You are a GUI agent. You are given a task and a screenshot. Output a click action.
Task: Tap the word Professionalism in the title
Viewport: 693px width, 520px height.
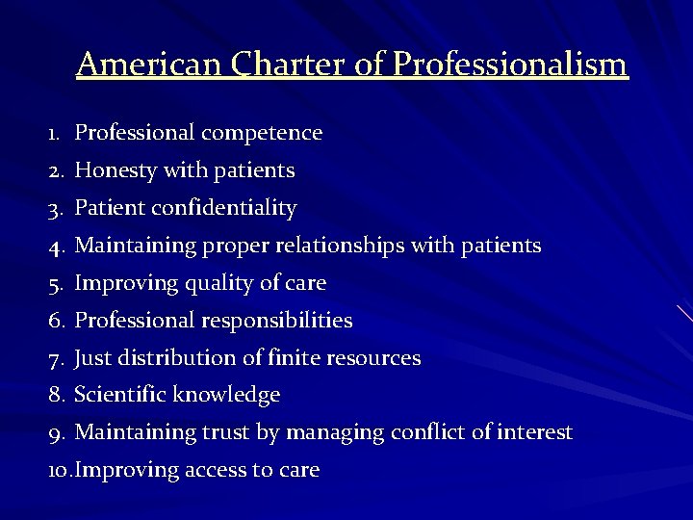tap(511, 65)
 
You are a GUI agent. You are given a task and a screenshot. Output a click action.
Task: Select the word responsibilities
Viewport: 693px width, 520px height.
tap(279, 320)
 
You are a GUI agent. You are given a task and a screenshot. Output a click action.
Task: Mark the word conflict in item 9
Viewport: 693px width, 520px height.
tap(428, 432)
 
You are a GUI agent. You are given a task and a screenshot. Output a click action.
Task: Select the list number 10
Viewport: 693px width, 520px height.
tap(59, 470)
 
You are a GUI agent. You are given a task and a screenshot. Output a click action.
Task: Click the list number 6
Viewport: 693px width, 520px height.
tap(55, 320)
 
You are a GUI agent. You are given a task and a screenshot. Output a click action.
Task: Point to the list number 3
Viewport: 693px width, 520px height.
tap(55, 208)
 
